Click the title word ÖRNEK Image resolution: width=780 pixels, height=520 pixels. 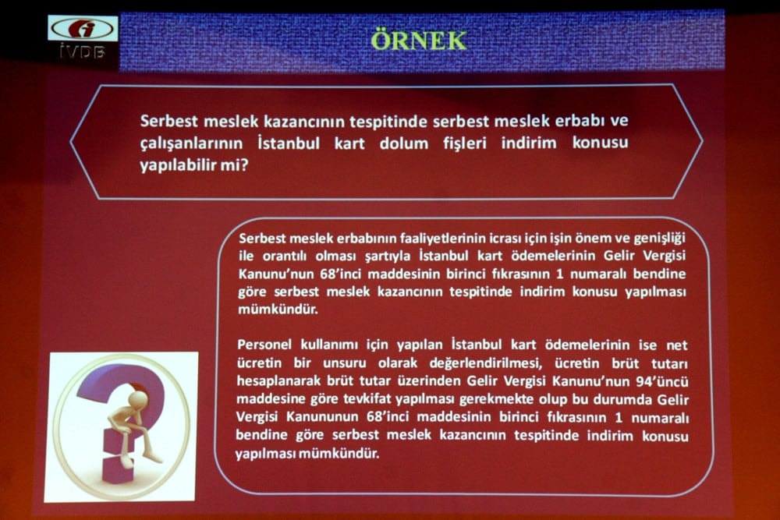tap(419, 40)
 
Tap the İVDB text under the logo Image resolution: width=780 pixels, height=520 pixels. tap(83, 53)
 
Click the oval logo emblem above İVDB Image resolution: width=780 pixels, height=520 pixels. tap(83, 29)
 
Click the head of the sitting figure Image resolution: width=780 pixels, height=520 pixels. tap(138, 399)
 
